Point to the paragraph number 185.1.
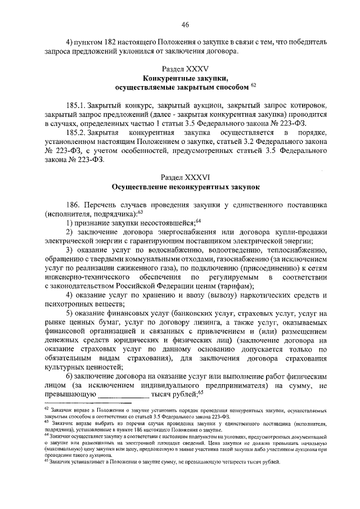(75, 105)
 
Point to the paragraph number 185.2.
(75, 132)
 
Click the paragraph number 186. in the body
(74, 205)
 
